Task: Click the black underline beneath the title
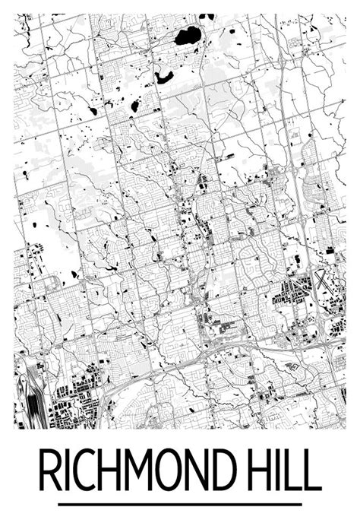180,504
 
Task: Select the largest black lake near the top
188,35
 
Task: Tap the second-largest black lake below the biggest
163,76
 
